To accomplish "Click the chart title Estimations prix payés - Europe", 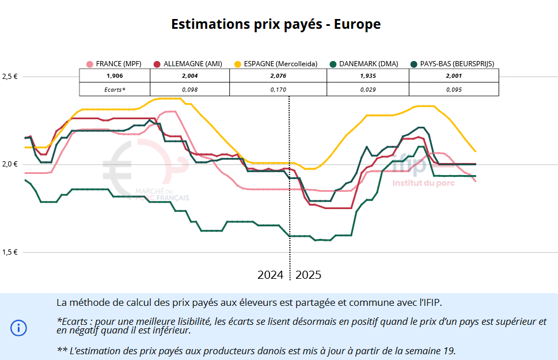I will [276, 24].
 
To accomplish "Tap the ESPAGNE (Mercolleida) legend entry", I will [276, 64].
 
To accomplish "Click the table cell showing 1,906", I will [115, 75].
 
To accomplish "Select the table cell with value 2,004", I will [189, 75].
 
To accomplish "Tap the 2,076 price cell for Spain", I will [278, 75].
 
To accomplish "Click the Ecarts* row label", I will [115, 89].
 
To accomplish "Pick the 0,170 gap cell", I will [278, 89].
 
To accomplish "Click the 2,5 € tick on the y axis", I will [10, 76].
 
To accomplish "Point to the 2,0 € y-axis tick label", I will [10, 164].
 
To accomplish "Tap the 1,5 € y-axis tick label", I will [10, 252].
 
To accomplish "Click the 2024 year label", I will [270, 275].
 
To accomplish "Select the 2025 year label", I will [308, 275].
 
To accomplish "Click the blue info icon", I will [18, 328].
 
